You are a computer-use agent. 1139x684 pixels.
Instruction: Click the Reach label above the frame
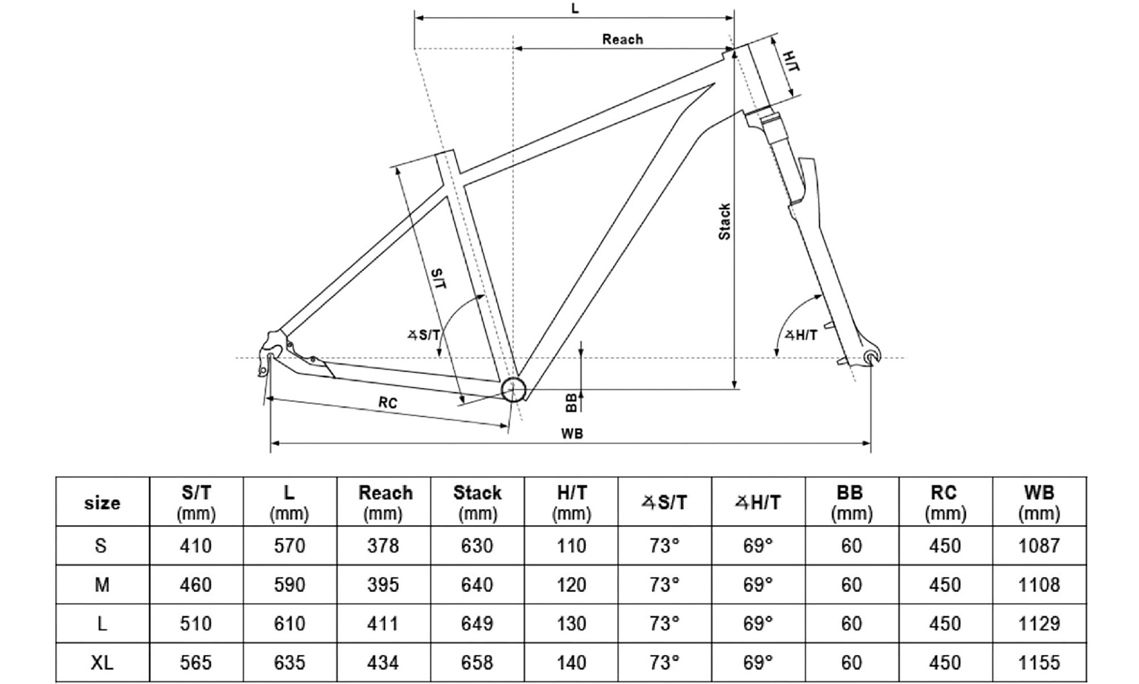[x=622, y=39]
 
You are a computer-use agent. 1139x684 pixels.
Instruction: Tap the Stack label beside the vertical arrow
[x=724, y=222]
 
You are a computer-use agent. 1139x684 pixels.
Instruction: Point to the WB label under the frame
[x=572, y=434]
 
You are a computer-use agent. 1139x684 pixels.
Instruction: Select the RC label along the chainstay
[x=388, y=403]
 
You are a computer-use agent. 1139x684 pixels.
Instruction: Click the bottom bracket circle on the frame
[x=513, y=390]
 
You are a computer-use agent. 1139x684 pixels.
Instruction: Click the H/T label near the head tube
[x=791, y=61]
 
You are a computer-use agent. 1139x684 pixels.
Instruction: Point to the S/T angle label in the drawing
[x=424, y=335]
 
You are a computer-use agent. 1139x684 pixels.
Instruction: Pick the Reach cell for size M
[x=383, y=585]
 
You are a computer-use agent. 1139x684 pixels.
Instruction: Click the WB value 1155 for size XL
[x=1039, y=662]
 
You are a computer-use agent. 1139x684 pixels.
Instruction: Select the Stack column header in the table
[x=477, y=502]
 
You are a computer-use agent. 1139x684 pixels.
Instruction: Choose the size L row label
[x=102, y=624]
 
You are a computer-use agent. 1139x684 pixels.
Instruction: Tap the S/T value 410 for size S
[x=195, y=546]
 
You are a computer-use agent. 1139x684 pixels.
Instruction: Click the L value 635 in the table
[x=289, y=662]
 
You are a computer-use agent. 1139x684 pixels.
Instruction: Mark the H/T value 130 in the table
[x=571, y=624]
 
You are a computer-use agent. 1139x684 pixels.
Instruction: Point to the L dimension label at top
[x=575, y=9]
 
